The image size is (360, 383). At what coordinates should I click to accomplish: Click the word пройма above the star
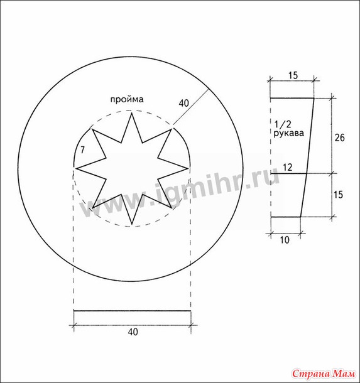click(x=127, y=100)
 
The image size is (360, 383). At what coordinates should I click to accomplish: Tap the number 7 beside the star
click(x=82, y=149)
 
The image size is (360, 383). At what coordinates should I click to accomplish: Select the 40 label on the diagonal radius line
click(x=184, y=104)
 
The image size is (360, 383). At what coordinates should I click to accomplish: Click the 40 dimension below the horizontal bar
click(x=133, y=332)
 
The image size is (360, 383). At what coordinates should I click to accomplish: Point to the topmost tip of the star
click(x=132, y=112)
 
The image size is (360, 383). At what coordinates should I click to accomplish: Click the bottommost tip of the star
click(x=132, y=224)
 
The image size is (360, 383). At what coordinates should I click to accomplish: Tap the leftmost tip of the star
click(x=76, y=168)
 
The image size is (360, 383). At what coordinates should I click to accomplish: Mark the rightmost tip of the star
click(x=188, y=168)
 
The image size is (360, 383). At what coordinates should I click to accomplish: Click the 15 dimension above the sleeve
click(x=293, y=75)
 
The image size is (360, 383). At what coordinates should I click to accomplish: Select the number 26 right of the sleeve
click(x=339, y=138)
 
